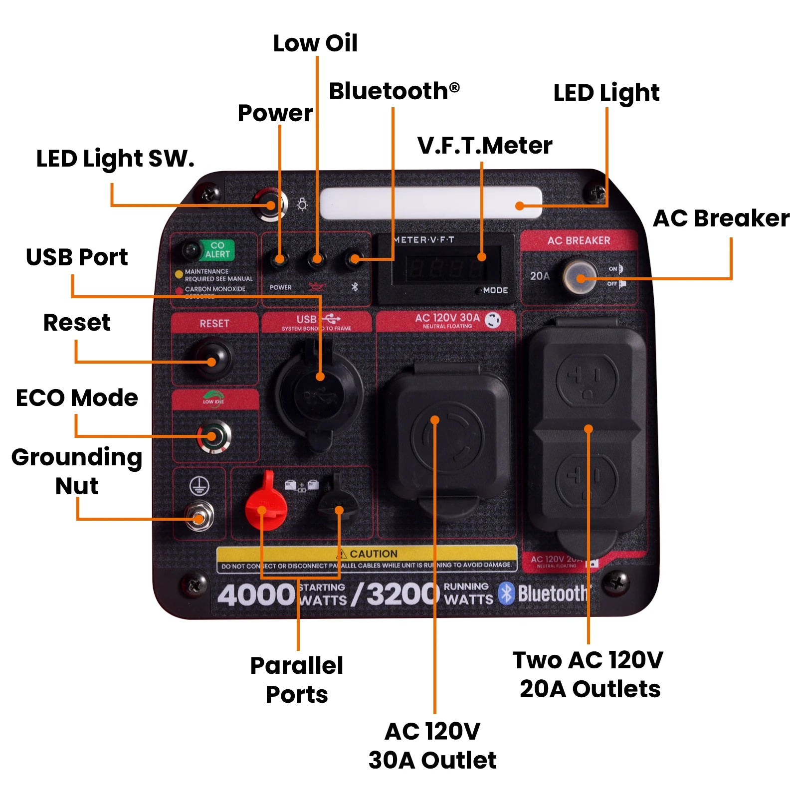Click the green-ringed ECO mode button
point(213,436)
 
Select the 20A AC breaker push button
point(580,276)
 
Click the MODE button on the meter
point(479,290)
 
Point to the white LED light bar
point(430,203)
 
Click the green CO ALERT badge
point(217,250)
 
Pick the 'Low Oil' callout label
point(315,43)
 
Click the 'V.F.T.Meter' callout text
point(485,146)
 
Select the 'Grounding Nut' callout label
point(77,471)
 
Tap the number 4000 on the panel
point(256,595)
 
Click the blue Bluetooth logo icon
point(506,593)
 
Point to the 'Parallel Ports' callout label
point(297,679)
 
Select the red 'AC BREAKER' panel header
point(579,240)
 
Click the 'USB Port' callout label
point(77,257)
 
